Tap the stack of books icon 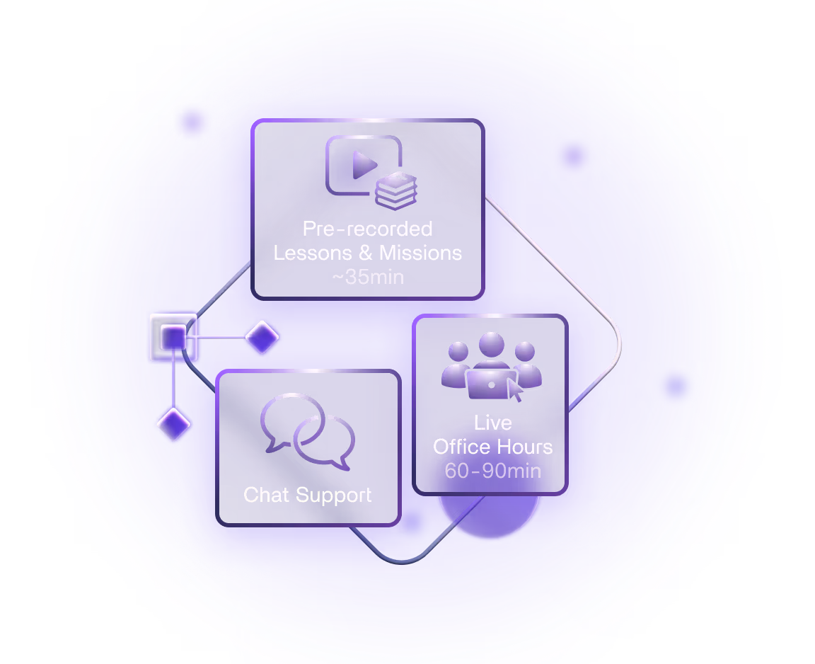[396, 189]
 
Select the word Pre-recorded [367, 229]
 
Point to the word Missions [420, 253]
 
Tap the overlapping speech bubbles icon [307, 432]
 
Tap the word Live [492, 423]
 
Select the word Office [460, 447]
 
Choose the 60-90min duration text [492, 471]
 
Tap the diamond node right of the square [262, 337]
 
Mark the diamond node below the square [173, 424]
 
